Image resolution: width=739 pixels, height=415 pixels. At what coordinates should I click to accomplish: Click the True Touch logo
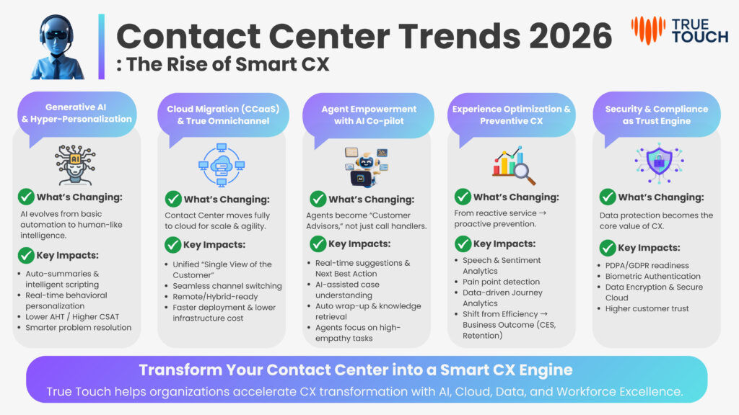(x=680, y=30)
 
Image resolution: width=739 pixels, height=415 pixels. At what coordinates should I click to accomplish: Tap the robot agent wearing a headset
(x=57, y=47)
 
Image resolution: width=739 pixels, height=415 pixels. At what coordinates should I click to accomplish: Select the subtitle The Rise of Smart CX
(x=223, y=64)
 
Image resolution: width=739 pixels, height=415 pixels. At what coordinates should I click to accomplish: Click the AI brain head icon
(x=75, y=165)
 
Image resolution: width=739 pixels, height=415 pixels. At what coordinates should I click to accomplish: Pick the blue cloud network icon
(x=222, y=165)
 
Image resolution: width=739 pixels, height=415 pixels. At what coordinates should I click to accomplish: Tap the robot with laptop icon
(x=366, y=166)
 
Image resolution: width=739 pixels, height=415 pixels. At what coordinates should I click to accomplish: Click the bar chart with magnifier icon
(x=513, y=165)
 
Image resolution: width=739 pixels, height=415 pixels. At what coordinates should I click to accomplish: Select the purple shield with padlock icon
(x=659, y=163)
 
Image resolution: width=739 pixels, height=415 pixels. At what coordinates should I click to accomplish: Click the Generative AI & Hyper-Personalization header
(x=76, y=113)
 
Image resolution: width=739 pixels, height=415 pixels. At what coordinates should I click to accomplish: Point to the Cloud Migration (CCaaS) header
(x=223, y=115)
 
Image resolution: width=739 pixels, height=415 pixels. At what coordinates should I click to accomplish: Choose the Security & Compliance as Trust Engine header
(x=657, y=115)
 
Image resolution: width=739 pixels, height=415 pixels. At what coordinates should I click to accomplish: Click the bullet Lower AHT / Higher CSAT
(x=72, y=317)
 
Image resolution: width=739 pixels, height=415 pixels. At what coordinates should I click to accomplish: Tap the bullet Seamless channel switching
(x=227, y=285)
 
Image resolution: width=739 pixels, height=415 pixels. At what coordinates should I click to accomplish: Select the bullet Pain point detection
(x=501, y=282)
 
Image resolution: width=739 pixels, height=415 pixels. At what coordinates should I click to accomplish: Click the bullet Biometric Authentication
(x=652, y=276)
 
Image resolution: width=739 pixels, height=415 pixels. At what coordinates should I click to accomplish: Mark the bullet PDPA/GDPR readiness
(x=647, y=265)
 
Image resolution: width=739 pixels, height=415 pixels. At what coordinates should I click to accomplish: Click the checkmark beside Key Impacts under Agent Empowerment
(x=318, y=244)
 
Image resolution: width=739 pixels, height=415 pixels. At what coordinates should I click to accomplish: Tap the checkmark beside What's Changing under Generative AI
(x=26, y=197)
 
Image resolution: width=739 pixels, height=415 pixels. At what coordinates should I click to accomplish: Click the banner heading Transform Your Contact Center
(x=356, y=370)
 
